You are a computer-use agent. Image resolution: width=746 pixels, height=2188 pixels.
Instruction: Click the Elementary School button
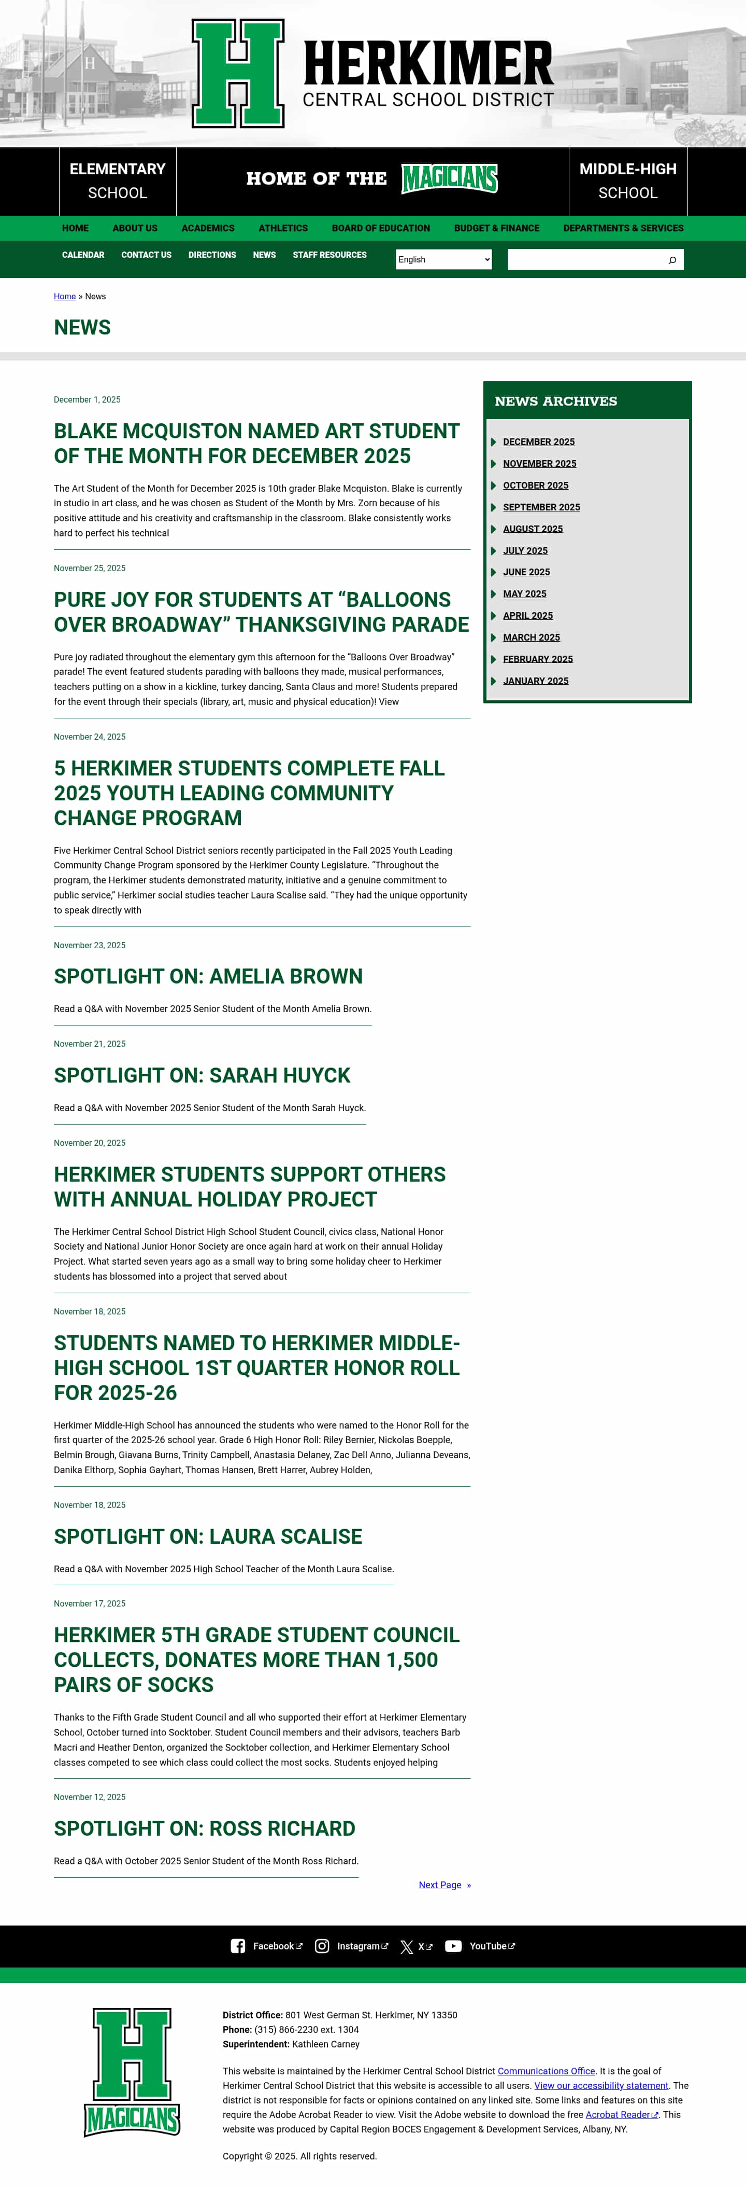point(117,181)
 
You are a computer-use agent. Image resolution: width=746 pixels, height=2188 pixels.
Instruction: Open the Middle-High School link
point(627,181)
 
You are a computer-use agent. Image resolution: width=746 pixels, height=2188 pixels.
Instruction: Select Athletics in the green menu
point(283,228)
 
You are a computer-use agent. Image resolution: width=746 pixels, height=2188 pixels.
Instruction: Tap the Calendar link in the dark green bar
point(83,255)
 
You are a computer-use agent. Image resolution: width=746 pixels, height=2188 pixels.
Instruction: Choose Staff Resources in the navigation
point(329,255)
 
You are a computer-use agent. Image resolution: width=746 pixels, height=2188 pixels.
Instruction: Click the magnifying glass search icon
point(672,260)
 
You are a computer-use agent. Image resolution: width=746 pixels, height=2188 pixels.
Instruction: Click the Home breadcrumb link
point(65,296)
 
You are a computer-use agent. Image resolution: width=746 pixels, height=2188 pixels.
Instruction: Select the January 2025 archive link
point(536,681)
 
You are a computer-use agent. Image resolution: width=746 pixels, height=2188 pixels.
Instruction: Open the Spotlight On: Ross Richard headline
point(205,1829)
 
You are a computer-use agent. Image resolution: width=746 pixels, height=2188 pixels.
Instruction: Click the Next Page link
point(440,1885)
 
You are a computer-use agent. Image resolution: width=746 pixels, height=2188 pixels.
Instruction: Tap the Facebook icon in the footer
point(238,1946)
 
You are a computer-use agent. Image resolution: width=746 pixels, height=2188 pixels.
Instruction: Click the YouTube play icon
point(453,1946)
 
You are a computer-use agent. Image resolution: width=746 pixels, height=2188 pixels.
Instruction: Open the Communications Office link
point(546,2071)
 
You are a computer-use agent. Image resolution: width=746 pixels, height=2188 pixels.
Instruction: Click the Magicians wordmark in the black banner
point(449,178)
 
